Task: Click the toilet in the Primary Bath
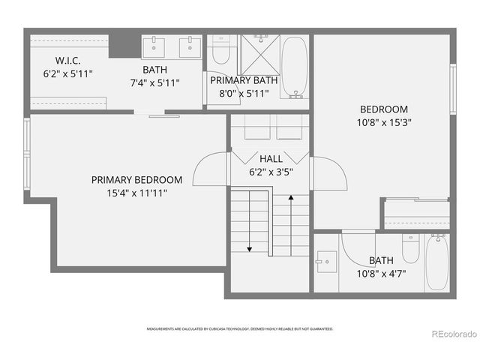click(x=220, y=52)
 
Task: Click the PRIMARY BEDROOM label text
click(x=136, y=180)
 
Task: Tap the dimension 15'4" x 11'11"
click(x=136, y=193)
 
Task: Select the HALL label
click(x=271, y=159)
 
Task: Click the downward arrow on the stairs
click(x=248, y=247)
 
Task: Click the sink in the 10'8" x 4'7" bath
click(x=322, y=262)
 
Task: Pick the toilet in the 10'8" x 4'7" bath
click(x=410, y=248)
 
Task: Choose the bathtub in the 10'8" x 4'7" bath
click(x=437, y=262)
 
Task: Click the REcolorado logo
click(x=451, y=333)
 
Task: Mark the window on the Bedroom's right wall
click(x=453, y=88)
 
